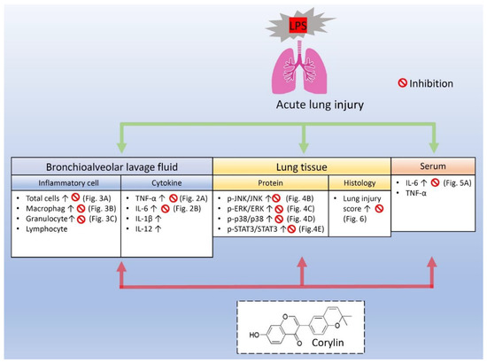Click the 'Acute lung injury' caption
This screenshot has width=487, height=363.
tap(243, 104)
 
